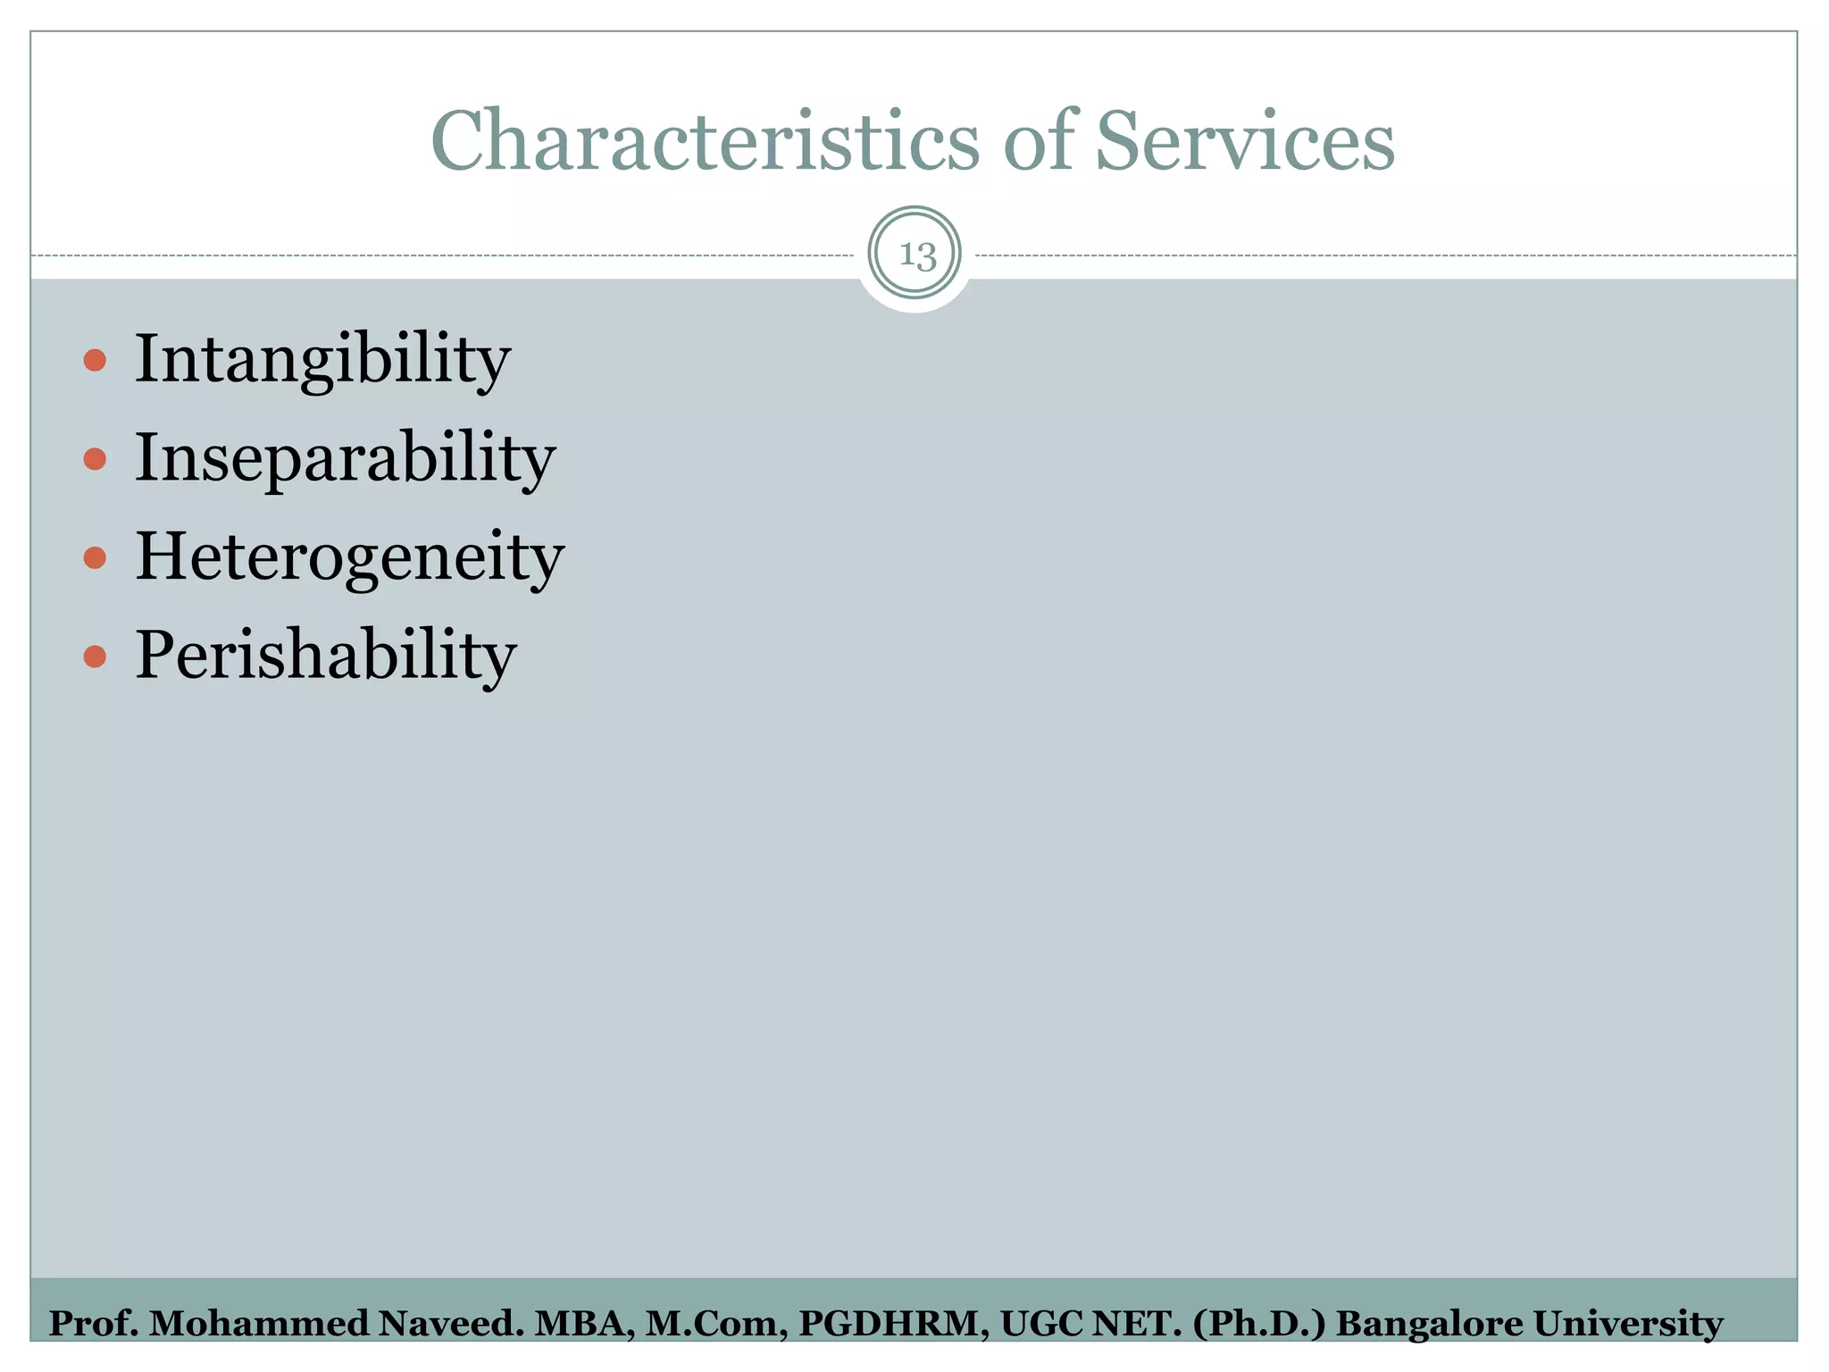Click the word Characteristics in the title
(x=705, y=141)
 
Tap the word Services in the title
(x=1244, y=141)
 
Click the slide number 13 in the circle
(x=915, y=255)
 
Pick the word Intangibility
(x=322, y=359)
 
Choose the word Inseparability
(x=345, y=458)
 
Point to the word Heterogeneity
(x=349, y=557)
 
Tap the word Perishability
(x=326, y=656)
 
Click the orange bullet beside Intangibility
(x=95, y=361)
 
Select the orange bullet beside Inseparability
(x=95, y=460)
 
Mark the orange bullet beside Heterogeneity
(x=95, y=559)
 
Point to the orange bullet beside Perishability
(x=95, y=657)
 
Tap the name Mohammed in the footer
(x=258, y=1324)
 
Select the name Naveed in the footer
(x=450, y=1324)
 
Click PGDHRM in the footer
(x=892, y=1324)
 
